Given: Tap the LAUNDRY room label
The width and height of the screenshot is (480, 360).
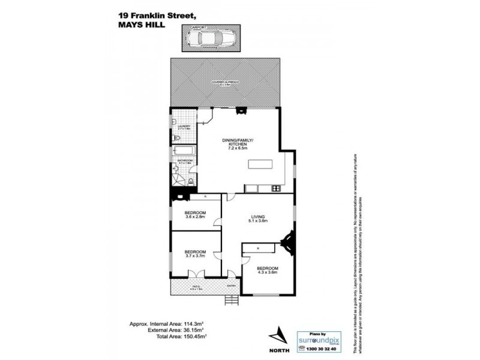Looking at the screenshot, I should tap(184, 126).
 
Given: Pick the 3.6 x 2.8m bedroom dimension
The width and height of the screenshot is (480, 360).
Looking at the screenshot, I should tap(196, 217).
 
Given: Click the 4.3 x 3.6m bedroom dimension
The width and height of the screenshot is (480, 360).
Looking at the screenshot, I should tap(268, 272).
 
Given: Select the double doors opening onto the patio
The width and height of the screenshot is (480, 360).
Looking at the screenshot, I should tap(196, 274).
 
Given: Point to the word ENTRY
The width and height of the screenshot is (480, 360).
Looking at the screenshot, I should tap(231, 286).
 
